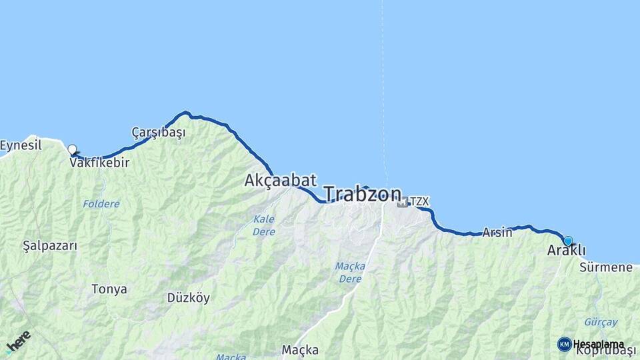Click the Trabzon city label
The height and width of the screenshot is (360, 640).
coord(363,194)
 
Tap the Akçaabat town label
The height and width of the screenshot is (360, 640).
coord(280,180)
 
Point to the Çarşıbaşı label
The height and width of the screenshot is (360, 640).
coord(158,132)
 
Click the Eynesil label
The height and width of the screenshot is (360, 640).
coord(21,145)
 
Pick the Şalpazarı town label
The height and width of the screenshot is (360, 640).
coord(50,245)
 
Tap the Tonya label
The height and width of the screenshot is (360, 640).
coord(109,289)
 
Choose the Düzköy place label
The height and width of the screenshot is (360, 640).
coord(188,297)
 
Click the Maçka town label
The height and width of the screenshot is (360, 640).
coord(300,349)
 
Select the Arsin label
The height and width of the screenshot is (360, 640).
coord(497,232)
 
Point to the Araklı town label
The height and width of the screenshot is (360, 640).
coord(566,251)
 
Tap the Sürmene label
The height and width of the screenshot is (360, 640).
coord(605,267)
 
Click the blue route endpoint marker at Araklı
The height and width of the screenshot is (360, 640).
coord(568,241)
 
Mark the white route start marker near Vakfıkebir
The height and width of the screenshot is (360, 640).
coord(72,150)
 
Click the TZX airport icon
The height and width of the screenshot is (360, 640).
coord(403,201)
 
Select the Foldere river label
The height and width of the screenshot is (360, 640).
coord(101,203)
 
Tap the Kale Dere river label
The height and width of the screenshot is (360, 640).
coord(264,225)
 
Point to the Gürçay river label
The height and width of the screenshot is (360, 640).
coord(601,322)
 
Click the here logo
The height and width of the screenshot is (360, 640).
coord(18,341)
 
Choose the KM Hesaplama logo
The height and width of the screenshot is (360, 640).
coord(590,344)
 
